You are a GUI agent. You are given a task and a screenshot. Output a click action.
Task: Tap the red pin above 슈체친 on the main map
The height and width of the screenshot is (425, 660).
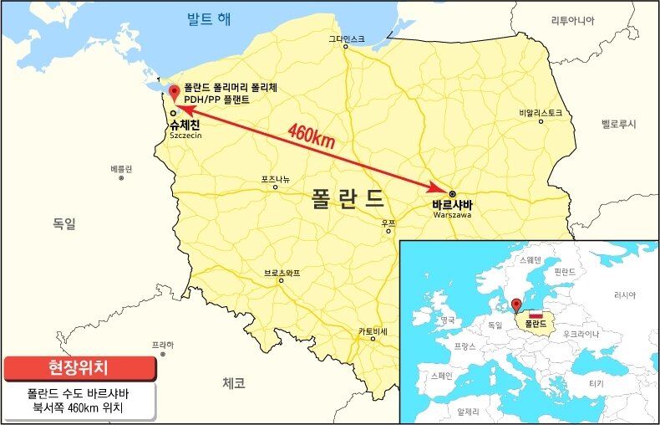[x=174, y=92]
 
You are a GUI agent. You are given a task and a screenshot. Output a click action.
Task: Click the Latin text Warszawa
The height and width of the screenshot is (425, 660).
[x=453, y=215]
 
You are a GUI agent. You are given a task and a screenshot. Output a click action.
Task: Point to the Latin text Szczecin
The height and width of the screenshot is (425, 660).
[x=185, y=134]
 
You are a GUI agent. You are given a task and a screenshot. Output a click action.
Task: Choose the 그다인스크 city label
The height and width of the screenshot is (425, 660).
[x=346, y=38]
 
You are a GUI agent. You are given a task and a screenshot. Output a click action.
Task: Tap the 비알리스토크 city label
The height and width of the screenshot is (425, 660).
[x=541, y=112]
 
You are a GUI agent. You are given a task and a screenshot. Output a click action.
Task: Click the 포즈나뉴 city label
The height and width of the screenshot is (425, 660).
[x=276, y=178]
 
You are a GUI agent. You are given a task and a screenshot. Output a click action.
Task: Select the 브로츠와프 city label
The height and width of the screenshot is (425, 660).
[x=282, y=273]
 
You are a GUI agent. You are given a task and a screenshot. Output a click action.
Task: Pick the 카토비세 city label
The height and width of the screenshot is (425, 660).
[x=373, y=330]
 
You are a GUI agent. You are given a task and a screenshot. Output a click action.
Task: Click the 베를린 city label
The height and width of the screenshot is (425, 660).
[x=121, y=169]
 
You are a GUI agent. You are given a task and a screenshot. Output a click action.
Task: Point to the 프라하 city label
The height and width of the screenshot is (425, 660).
[x=163, y=345]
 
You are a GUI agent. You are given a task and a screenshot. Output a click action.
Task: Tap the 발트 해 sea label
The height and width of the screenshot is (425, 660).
[x=209, y=19]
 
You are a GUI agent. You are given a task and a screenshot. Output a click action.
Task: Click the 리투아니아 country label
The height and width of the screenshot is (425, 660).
[x=572, y=20]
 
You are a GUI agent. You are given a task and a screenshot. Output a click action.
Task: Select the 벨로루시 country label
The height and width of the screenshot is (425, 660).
[x=618, y=124]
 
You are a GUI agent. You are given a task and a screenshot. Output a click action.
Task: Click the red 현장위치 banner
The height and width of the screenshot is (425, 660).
[x=79, y=367]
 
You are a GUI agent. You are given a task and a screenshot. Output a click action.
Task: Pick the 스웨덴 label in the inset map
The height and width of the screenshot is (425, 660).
[x=531, y=259]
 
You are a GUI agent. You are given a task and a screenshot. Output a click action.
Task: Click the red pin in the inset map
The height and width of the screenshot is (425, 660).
[x=516, y=305]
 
